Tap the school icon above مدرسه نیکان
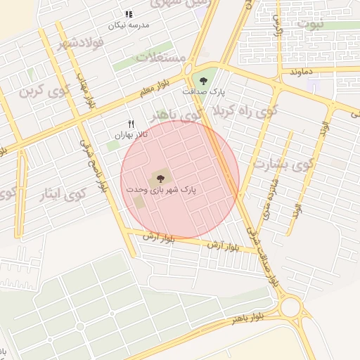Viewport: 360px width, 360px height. [128, 14]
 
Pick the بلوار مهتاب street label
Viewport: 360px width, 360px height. [85, 89]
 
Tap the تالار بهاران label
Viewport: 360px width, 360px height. [131, 134]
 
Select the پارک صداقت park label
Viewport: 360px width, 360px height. [202, 92]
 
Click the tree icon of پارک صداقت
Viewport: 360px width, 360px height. [204, 81]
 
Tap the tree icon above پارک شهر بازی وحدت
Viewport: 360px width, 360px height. [161, 179]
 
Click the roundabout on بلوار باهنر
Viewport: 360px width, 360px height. [291, 307]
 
